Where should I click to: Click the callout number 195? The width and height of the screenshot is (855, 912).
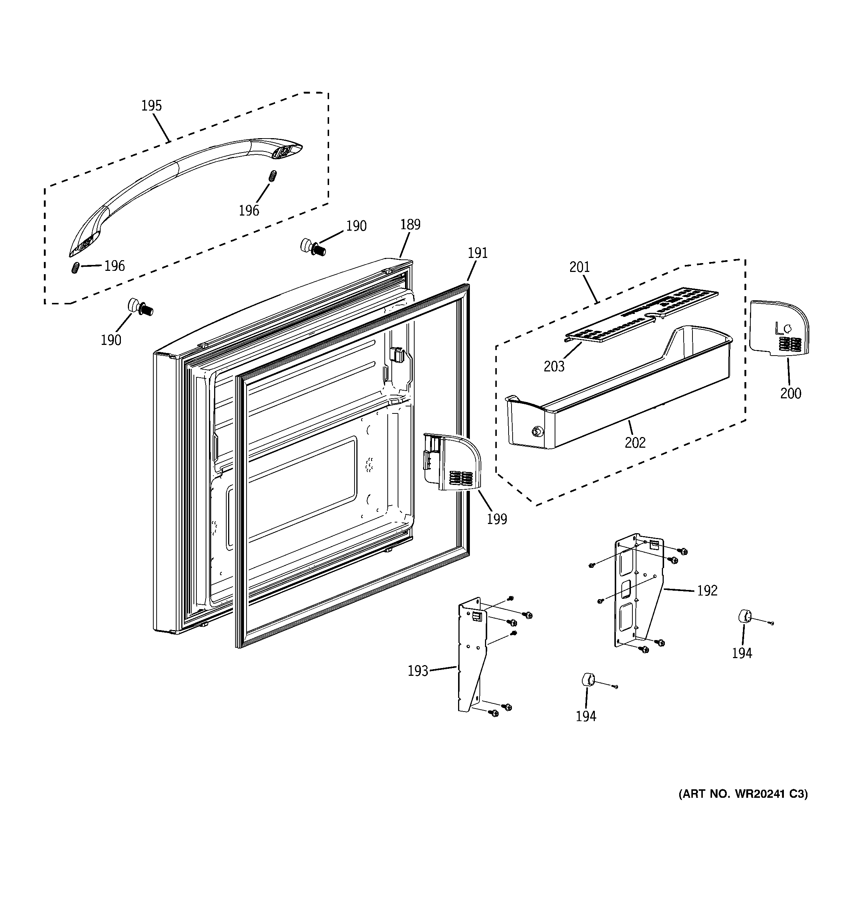pyautogui.click(x=151, y=106)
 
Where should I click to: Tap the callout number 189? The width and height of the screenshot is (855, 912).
pyautogui.click(x=410, y=225)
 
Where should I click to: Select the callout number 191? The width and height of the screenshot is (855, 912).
pyautogui.click(x=477, y=253)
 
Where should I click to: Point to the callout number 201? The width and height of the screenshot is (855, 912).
pyautogui.click(x=579, y=267)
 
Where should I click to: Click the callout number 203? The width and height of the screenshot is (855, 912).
pyautogui.click(x=554, y=367)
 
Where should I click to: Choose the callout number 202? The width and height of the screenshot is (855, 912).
pyautogui.click(x=635, y=443)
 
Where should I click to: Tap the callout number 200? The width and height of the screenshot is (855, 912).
pyautogui.click(x=790, y=394)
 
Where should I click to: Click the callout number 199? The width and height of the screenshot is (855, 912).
pyautogui.click(x=496, y=519)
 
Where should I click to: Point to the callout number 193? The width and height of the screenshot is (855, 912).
pyautogui.click(x=418, y=671)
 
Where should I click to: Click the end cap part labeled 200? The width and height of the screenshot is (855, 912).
pyautogui.click(x=778, y=328)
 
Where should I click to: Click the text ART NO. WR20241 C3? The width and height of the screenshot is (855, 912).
pyautogui.click(x=743, y=794)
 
